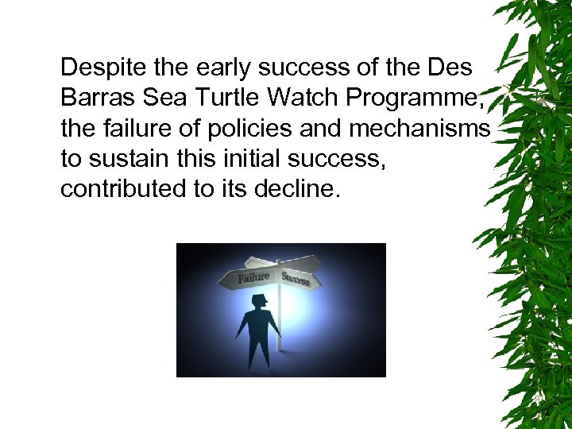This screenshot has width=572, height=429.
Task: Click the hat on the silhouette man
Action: (x=259, y=300)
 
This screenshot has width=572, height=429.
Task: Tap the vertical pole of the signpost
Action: (x=279, y=318)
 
